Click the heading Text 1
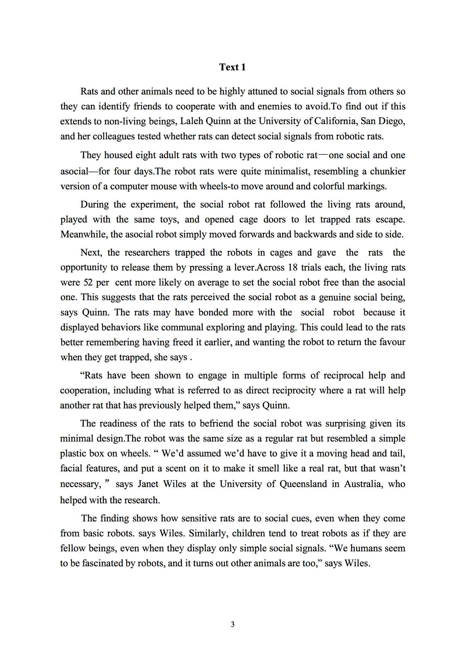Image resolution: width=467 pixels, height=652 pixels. pos(233,67)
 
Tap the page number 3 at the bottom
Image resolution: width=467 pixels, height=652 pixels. pos(233,624)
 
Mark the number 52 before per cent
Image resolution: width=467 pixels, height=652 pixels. pos(88,282)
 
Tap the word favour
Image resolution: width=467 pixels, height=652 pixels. pos(392,342)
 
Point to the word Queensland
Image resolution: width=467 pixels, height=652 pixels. pos(303,484)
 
